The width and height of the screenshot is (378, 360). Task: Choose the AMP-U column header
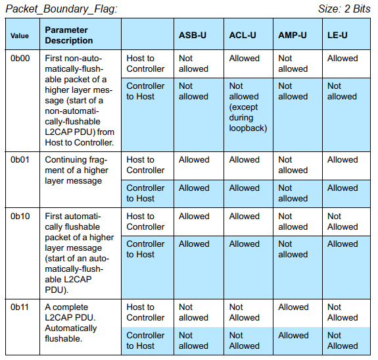pyautogui.click(x=292, y=35)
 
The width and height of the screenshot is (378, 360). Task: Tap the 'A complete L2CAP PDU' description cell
pyautogui.click(x=72, y=322)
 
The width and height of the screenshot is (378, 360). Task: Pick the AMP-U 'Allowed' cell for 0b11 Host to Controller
pyautogui.click(x=293, y=307)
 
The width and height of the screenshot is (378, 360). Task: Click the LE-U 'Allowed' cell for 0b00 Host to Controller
pyautogui.click(x=343, y=58)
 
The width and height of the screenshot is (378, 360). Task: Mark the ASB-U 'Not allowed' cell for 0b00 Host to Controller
pyautogui.click(x=193, y=63)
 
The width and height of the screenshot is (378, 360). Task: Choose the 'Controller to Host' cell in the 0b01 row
pyautogui.click(x=145, y=193)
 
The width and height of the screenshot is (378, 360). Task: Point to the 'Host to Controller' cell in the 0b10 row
pyautogui.click(x=145, y=221)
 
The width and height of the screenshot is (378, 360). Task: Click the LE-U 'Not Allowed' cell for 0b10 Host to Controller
pyautogui.click(x=343, y=221)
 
